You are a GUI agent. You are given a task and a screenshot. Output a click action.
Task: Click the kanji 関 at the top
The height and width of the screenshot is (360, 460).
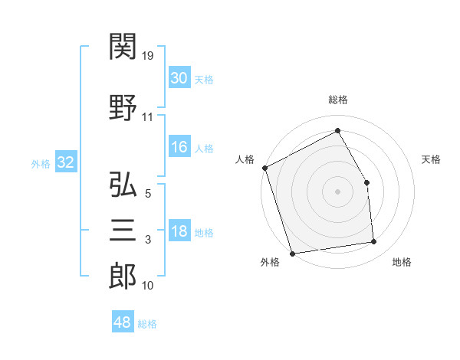(123, 46)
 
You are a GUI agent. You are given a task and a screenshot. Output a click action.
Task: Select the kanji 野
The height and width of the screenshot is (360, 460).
(123, 107)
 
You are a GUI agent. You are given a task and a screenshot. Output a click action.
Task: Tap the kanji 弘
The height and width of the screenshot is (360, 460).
(123, 184)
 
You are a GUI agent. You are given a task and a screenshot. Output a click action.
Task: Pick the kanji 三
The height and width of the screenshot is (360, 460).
(123, 230)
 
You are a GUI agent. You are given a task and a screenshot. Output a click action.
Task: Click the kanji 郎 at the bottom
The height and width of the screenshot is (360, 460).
(123, 277)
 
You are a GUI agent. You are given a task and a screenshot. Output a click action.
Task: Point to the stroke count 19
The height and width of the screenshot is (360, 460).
(147, 56)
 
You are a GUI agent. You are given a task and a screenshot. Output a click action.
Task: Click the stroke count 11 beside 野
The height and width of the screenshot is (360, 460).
(147, 117)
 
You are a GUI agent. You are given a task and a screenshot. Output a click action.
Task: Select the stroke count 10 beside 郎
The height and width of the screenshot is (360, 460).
(147, 286)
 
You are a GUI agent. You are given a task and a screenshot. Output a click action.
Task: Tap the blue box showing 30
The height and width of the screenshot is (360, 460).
(179, 77)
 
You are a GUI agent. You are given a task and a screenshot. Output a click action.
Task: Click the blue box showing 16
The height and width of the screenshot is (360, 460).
(179, 146)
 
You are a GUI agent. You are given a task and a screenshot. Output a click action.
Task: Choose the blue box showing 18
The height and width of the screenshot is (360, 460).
(179, 230)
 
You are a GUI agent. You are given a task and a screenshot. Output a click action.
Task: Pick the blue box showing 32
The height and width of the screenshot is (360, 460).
(66, 162)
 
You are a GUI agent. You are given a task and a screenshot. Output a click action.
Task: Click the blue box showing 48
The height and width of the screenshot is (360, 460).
(123, 321)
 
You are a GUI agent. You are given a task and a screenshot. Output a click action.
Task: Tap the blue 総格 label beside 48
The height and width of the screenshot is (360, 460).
(147, 324)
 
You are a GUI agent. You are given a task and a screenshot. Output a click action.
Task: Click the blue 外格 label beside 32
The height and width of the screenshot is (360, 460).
(41, 164)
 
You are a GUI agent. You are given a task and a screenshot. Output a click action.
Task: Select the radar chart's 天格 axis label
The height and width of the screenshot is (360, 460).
(431, 159)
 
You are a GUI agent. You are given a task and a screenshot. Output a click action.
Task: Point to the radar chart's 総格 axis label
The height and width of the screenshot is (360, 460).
(338, 100)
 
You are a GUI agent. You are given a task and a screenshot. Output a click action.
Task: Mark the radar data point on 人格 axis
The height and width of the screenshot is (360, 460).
(265, 168)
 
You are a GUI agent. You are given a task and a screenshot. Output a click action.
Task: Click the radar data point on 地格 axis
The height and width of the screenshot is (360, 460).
(374, 241)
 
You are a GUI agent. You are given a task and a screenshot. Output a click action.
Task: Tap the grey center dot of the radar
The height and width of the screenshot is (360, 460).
(337, 191)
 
